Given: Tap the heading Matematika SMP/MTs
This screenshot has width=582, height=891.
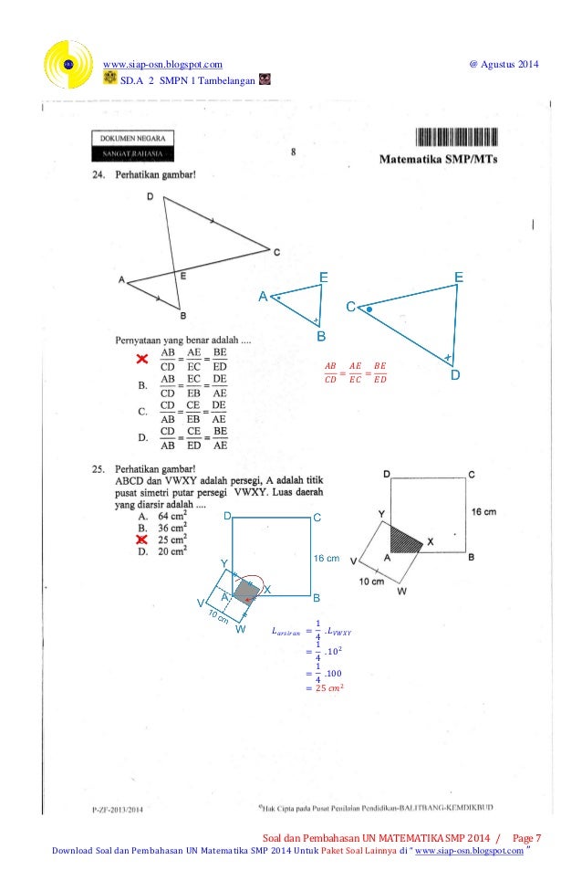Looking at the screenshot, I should (x=445, y=159).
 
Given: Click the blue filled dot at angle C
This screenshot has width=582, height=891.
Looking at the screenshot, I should (x=369, y=310).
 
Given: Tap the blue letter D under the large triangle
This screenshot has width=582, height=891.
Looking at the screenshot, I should (x=454, y=375).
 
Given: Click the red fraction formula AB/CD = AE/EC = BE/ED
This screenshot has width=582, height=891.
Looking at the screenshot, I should (x=356, y=373).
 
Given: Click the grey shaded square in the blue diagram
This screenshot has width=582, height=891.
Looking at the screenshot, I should (x=244, y=591).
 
